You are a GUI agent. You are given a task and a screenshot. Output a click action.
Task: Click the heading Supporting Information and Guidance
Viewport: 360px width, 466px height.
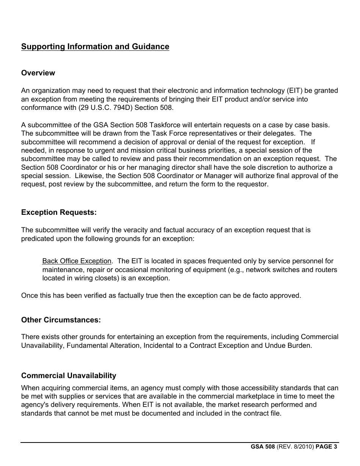95,47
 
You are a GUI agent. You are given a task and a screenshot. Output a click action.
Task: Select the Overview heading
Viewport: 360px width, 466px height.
38,73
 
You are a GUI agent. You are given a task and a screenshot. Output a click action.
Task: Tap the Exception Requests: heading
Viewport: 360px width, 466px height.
59,212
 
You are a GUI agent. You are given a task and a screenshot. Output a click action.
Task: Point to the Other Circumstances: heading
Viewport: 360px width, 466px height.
61,320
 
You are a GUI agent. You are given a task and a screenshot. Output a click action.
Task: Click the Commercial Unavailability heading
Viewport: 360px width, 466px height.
69,375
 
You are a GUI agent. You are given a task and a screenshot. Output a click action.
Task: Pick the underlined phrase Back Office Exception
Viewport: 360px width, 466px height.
77,261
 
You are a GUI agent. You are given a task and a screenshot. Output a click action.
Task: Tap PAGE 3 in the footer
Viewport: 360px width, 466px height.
326,447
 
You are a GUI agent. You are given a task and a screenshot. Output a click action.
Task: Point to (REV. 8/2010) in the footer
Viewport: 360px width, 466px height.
295,447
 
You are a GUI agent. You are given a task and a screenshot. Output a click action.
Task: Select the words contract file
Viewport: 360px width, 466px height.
262,413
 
